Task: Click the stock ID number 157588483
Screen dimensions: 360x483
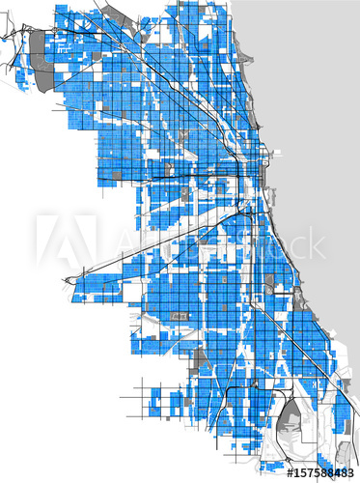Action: point(320,472)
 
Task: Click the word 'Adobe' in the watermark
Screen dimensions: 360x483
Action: point(164,241)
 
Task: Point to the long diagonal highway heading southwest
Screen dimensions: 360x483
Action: point(145,246)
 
